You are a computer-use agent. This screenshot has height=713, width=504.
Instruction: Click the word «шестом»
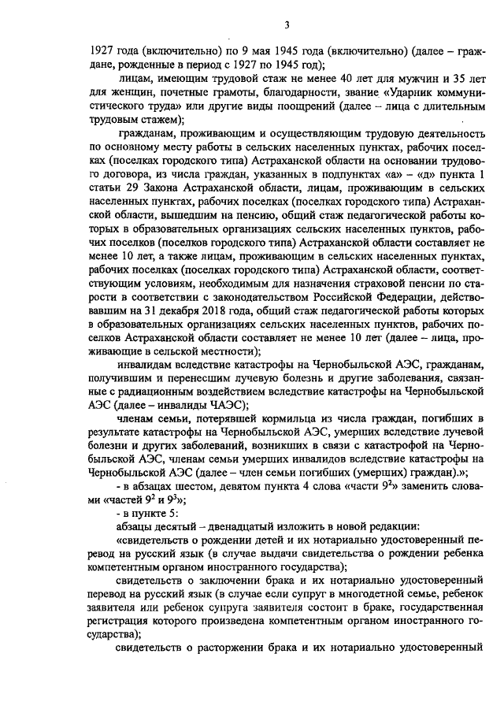[x=179, y=486]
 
